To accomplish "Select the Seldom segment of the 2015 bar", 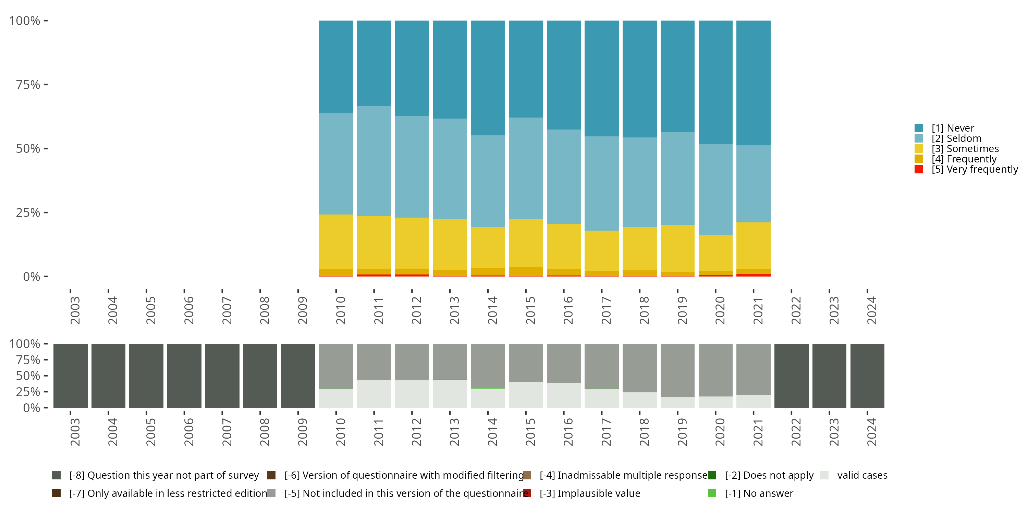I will tap(526, 168).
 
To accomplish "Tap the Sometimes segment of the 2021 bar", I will tap(753, 245).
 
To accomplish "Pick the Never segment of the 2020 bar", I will tap(715, 82).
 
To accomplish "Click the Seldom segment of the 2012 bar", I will tap(412, 167).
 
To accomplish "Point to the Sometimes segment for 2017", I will tap(601, 250).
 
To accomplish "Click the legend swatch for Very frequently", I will tap(919, 169).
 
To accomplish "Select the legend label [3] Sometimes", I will tap(965, 149).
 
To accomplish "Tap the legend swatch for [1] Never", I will tap(919, 128).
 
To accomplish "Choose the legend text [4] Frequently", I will tap(964, 159).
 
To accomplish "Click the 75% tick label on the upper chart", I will tap(28, 85).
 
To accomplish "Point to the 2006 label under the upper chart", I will tap(188, 310).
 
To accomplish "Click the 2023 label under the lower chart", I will tap(834, 432).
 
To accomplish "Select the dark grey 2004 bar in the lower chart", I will tap(108, 376).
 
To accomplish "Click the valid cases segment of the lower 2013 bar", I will tap(450, 393).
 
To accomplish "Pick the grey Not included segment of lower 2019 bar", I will tap(677, 370).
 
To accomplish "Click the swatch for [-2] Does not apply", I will tap(712, 475).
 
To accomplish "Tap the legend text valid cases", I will tap(862, 475).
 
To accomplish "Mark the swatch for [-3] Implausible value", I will tap(527, 493).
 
